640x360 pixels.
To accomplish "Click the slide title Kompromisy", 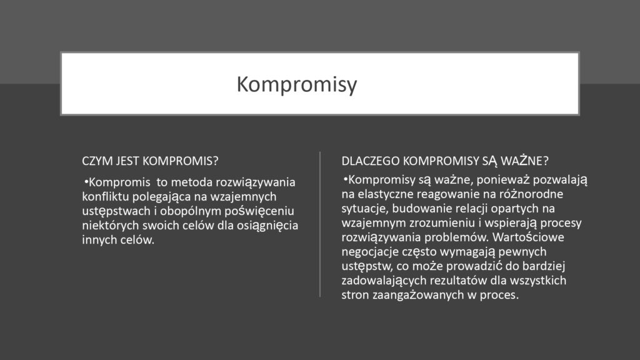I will (296, 84).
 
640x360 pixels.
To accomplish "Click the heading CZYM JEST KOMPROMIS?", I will (150, 160).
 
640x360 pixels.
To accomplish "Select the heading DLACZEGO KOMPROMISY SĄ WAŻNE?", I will (445, 161).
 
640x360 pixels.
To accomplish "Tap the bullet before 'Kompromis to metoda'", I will (86, 182).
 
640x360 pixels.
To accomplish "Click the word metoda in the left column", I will (192, 183).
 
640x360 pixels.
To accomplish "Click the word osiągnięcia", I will (266, 226).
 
